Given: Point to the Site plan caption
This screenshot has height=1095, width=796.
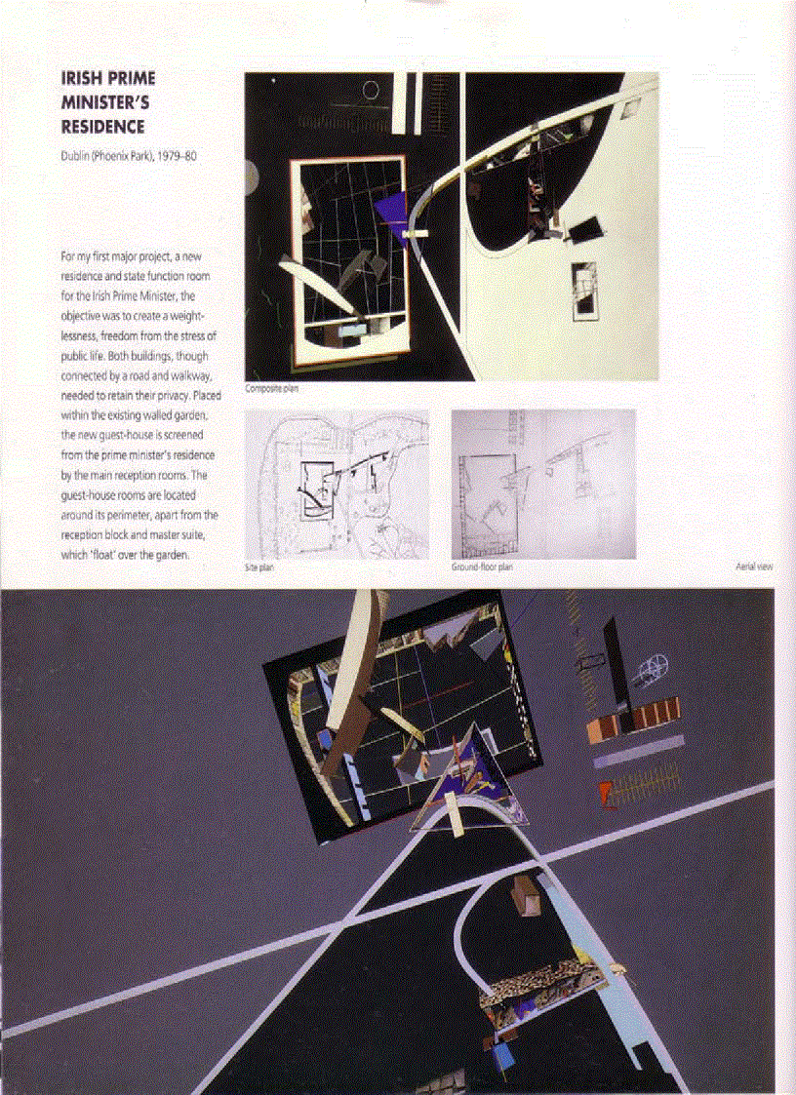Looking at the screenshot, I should (x=259, y=567).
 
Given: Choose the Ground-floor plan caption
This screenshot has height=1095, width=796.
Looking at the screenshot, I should (x=482, y=567).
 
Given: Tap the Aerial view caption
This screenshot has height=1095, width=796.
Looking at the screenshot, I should (x=753, y=567).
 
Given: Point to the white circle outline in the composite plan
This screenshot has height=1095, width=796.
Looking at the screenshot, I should (x=371, y=91).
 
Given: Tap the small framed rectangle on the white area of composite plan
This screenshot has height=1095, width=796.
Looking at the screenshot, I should (x=584, y=289).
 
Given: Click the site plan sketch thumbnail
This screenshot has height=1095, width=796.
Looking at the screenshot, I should (x=337, y=484).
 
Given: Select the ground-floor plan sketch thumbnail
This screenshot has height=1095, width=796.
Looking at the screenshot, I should (x=542, y=484).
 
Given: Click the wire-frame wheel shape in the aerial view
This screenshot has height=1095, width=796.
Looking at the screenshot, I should (x=648, y=672).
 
